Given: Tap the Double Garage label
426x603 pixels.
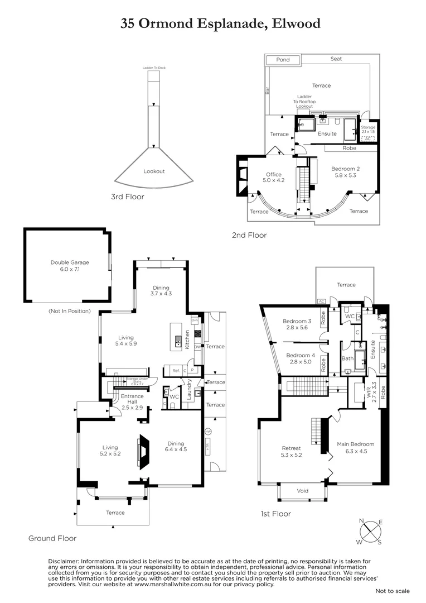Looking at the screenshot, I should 70,266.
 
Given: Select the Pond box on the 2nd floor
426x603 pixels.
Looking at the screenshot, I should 283,60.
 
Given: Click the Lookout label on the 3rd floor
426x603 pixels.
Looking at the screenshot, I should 154,171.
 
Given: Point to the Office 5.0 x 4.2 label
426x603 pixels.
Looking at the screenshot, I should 273,178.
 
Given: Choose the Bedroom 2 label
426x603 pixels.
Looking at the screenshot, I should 345,172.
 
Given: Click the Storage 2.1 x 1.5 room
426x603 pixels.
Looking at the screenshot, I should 368,130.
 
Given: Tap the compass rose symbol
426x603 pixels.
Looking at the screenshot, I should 369,531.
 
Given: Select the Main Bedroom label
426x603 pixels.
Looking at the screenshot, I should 355,448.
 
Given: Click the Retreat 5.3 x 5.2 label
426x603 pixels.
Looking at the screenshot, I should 291,451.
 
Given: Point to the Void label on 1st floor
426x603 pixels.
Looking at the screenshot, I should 303,491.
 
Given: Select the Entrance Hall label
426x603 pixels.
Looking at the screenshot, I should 133,400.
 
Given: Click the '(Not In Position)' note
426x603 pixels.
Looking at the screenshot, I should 70,311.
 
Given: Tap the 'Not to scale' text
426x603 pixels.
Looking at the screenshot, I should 392,591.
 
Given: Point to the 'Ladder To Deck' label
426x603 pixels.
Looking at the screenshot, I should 154,68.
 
